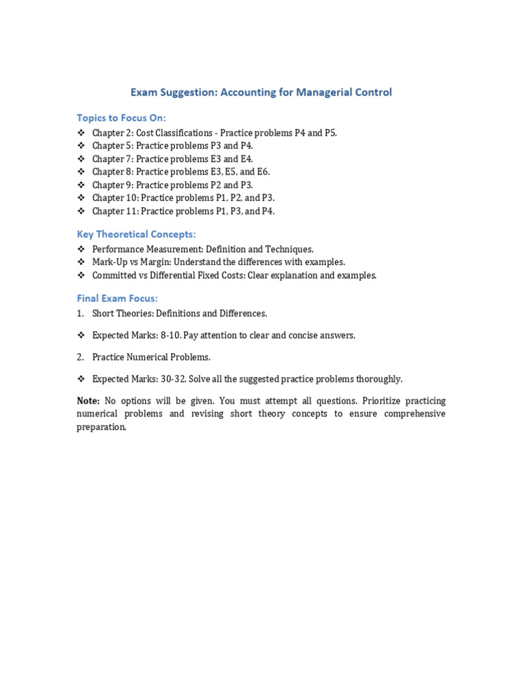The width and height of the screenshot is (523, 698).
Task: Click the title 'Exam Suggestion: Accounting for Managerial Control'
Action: tap(261, 92)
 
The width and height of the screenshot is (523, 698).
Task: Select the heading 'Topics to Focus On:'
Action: tap(121, 118)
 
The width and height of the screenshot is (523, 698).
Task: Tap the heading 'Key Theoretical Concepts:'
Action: tap(136, 234)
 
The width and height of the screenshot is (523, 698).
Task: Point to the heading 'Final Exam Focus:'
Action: tap(117, 298)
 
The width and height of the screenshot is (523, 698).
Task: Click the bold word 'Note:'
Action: tap(89, 401)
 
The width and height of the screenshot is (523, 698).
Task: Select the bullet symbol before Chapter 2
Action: tap(80, 133)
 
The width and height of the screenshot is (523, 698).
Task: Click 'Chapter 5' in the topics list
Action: tap(112, 146)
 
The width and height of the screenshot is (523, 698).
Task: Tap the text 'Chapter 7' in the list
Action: tap(112, 159)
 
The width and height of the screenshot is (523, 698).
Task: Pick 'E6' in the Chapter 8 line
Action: tap(262, 172)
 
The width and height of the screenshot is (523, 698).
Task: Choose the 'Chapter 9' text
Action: tap(112, 185)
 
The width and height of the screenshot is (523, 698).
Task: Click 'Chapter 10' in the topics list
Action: tap(114, 198)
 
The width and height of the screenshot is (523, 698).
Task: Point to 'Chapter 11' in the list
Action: tap(114, 211)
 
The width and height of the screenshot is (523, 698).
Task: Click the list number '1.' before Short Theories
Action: tap(80, 314)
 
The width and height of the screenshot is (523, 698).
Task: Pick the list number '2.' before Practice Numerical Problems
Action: tap(80, 357)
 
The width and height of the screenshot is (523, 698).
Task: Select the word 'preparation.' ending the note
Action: tap(101, 427)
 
